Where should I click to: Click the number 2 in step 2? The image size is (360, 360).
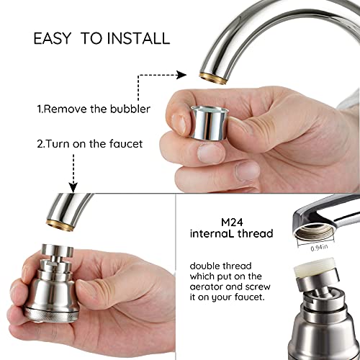(x=40, y=144)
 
